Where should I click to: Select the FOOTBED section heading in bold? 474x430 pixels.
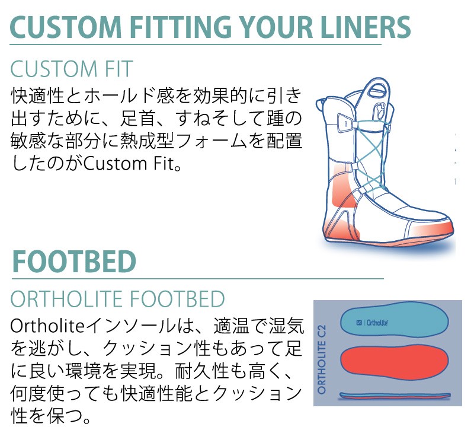(74, 262)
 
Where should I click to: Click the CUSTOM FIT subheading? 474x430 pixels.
(72, 69)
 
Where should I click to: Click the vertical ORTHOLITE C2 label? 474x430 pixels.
(322, 359)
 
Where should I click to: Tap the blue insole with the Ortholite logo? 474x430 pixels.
(394, 321)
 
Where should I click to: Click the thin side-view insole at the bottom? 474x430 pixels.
(395, 396)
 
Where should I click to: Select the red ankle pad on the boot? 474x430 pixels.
(342, 187)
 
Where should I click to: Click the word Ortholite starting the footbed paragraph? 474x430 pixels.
(47, 327)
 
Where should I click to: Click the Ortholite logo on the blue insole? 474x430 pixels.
(373, 323)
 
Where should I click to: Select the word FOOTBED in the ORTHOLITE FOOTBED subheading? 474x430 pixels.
(177, 299)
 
